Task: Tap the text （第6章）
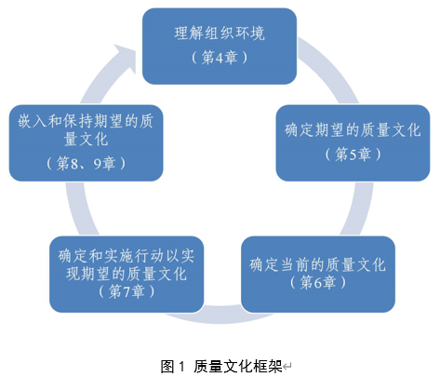click(x=318, y=282)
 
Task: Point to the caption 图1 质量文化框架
click(x=220, y=366)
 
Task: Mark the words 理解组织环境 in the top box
click(x=220, y=35)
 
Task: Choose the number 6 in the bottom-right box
click(x=320, y=282)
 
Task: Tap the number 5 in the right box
click(x=344, y=153)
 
